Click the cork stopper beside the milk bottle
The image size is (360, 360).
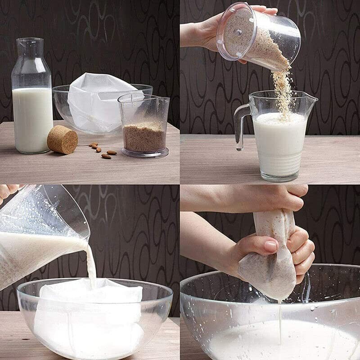coord(63,139)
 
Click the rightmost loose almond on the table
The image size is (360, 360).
coord(112,153)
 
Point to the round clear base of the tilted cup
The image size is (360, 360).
coord(234,31)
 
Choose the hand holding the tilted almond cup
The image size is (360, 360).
coord(202,34)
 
